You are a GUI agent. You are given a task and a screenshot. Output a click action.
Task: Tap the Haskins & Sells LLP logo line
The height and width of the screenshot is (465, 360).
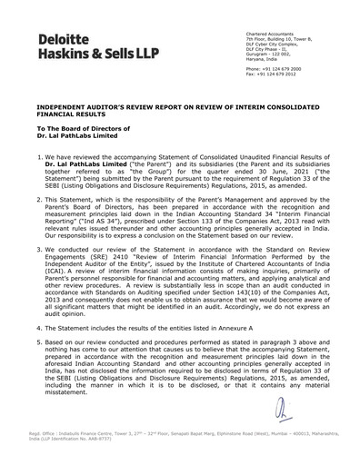coord(81,54)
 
